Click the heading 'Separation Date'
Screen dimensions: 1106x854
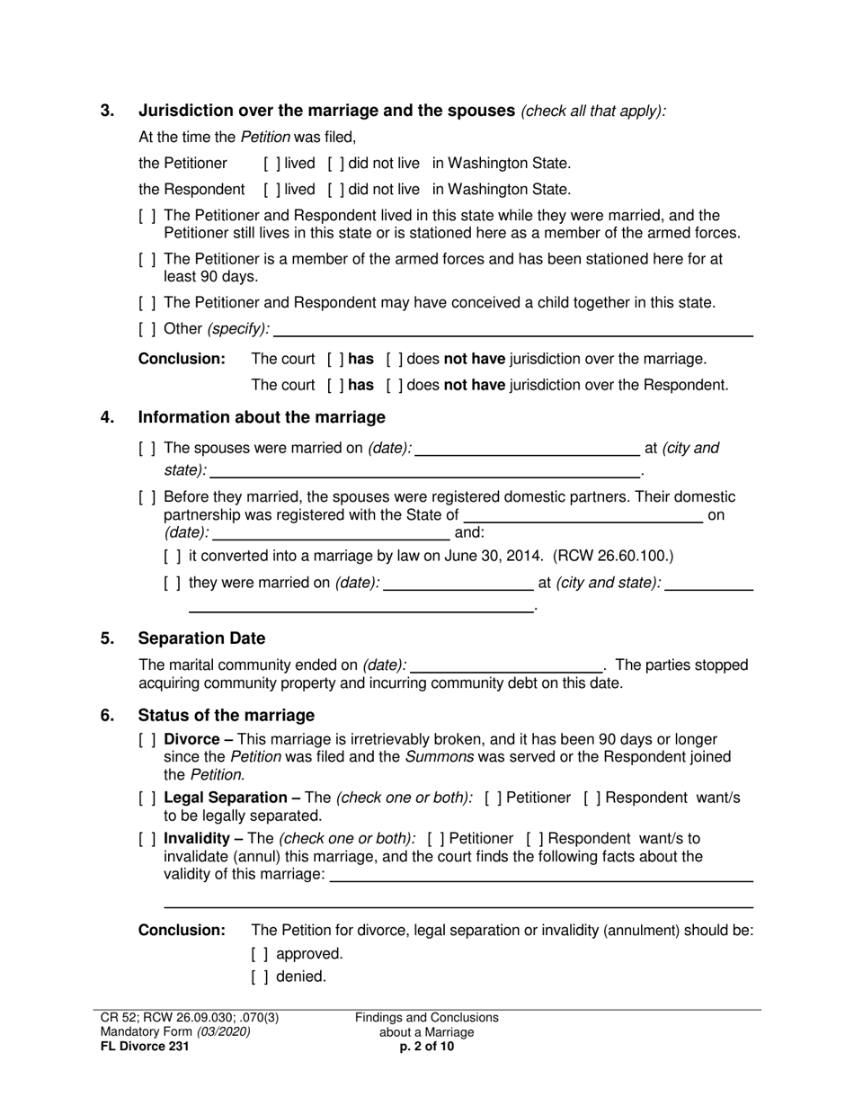(x=201, y=638)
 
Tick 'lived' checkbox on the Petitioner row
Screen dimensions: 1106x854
(x=271, y=164)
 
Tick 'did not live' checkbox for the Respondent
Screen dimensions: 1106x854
(x=335, y=190)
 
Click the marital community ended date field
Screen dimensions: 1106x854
(x=506, y=666)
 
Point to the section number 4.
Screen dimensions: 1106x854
(x=108, y=417)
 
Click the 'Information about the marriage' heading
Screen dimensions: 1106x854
(x=261, y=417)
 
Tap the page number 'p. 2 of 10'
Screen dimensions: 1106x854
(x=426, y=1047)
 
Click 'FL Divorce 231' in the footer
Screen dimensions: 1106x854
(x=145, y=1047)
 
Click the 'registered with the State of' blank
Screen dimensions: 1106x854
(x=583, y=516)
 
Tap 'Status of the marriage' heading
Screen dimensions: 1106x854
(x=226, y=715)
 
